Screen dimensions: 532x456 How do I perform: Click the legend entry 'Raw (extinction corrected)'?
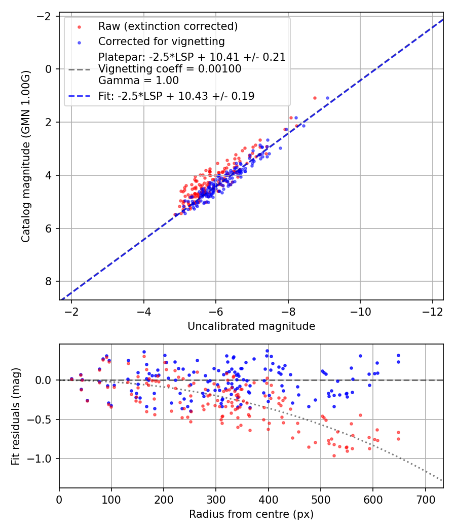pyautogui.click(x=168, y=26)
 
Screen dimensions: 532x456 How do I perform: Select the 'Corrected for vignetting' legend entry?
pyautogui.click(x=162, y=41)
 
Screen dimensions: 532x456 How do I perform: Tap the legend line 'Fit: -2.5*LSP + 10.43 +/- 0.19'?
pyautogui.click(x=176, y=95)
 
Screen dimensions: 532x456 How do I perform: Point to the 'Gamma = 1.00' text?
pyautogui.click(x=138, y=80)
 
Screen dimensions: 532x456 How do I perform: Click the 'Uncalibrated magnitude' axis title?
pyautogui.click(x=251, y=326)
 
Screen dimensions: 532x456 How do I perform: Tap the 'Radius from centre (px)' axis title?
pyautogui.click(x=251, y=514)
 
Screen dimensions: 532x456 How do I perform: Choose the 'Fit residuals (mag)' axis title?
pyautogui.click(x=15, y=415)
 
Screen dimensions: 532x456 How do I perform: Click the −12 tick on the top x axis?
pyautogui.click(x=432, y=310)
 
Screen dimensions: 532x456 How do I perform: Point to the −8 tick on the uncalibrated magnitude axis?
pyautogui.click(x=288, y=310)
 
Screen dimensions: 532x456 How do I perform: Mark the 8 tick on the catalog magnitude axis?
pyautogui.click(x=49, y=281)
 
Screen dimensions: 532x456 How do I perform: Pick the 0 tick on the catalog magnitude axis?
pyautogui.click(x=49, y=69)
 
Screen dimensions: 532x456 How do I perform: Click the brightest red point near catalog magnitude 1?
pyautogui.click(x=315, y=98)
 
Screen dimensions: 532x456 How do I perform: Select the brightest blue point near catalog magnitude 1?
pyautogui.click(x=327, y=98)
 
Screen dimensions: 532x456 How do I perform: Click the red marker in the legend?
pyautogui.click(x=79, y=26)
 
